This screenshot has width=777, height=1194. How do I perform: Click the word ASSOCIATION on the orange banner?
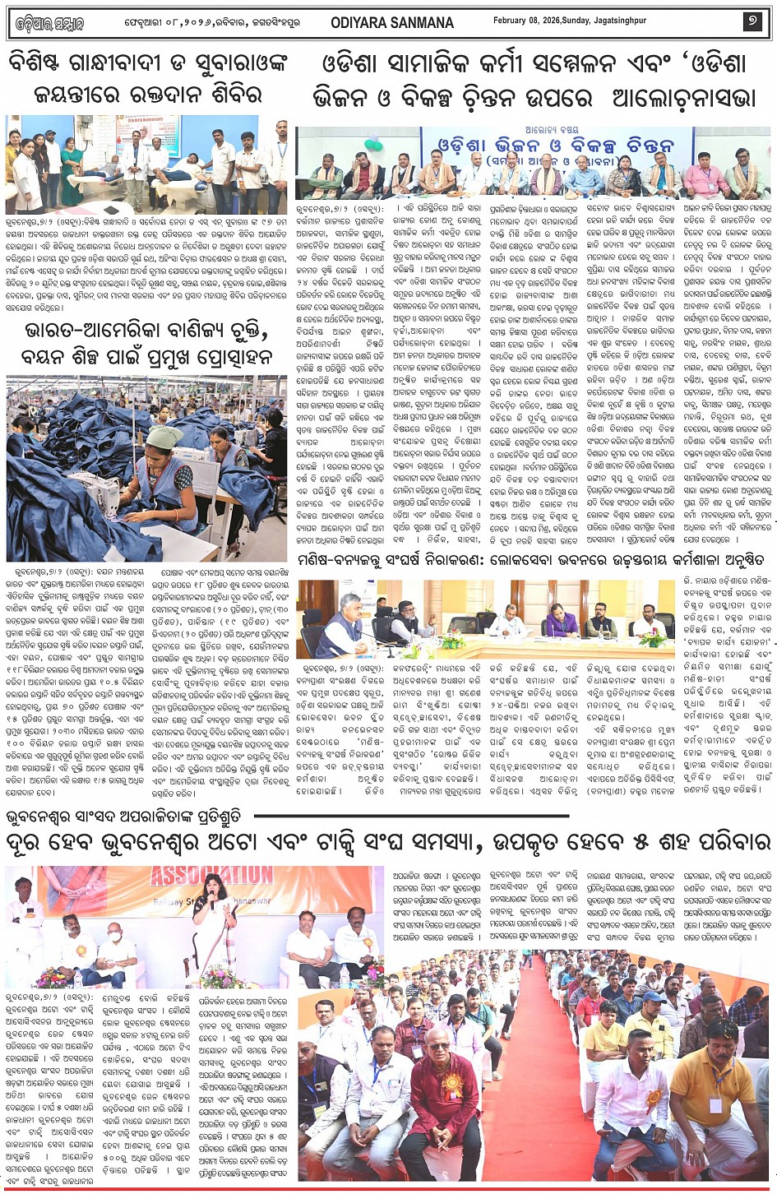(211, 874)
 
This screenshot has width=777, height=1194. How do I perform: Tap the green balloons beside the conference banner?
(374, 146)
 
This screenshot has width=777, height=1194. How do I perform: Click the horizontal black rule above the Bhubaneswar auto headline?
(411, 817)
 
